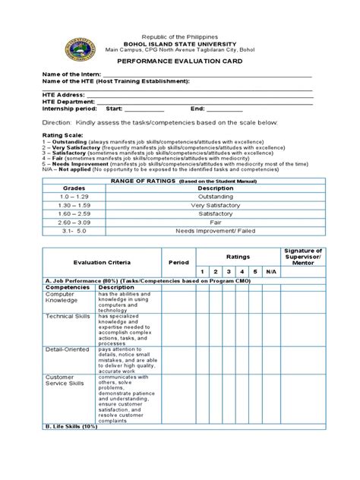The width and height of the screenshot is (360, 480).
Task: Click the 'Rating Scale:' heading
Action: tap(49, 135)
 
